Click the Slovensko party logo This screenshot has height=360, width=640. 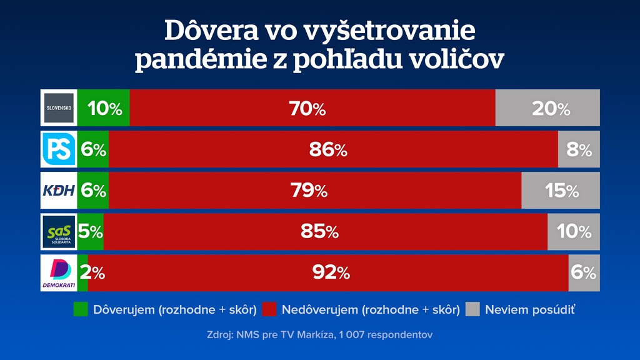click(x=59, y=107)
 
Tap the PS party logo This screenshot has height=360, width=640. click(x=59, y=149)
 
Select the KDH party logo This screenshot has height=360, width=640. click(x=59, y=191)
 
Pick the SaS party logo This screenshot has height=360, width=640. click(x=59, y=232)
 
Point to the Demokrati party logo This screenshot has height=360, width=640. click(x=59, y=273)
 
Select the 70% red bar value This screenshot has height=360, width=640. click(x=307, y=109)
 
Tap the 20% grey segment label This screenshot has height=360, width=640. click(x=551, y=109)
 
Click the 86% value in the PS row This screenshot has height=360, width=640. click(x=328, y=150)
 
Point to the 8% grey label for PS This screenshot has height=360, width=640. click(x=579, y=150)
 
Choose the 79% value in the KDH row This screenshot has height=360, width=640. click(x=309, y=191)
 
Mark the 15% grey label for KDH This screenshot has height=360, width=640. click(x=562, y=191)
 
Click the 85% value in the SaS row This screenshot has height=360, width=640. click(x=319, y=232)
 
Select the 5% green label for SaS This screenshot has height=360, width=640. click(x=91, y=232)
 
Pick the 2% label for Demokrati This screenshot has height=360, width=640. click(x=91, y=273)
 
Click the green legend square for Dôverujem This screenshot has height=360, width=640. click(x=81, y=309)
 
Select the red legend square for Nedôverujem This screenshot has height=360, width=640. click(x=269, y=309)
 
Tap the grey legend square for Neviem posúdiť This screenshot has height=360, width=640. click(x=473, y=309)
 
